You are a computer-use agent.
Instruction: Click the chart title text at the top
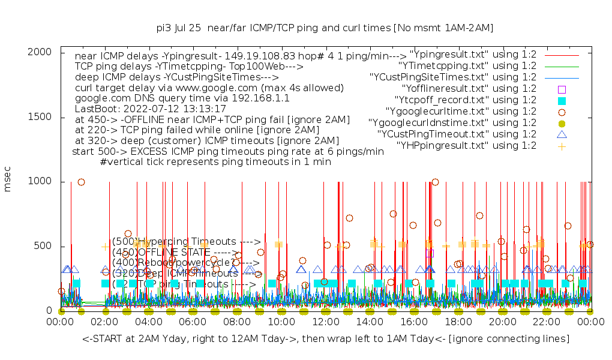325,28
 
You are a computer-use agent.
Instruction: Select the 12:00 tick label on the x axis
326,322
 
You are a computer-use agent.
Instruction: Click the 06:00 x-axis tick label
193,322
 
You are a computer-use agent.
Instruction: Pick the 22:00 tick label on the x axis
547,322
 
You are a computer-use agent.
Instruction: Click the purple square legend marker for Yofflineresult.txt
562,89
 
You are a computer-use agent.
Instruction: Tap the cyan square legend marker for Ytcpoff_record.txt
562,100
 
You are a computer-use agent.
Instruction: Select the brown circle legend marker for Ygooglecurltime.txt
562,112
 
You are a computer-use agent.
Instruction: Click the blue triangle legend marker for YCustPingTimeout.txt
562,134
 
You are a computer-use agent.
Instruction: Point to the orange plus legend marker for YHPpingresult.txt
562,146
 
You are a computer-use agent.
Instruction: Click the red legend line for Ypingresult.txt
562,55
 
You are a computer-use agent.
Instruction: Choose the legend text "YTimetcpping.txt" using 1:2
467,66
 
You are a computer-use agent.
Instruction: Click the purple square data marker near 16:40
430,253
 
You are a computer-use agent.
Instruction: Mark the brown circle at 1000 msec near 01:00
81,182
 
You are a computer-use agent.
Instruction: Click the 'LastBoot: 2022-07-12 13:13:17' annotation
150,109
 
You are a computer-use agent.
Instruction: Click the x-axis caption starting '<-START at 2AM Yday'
326,340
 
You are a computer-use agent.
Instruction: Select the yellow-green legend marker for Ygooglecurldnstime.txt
562,123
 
